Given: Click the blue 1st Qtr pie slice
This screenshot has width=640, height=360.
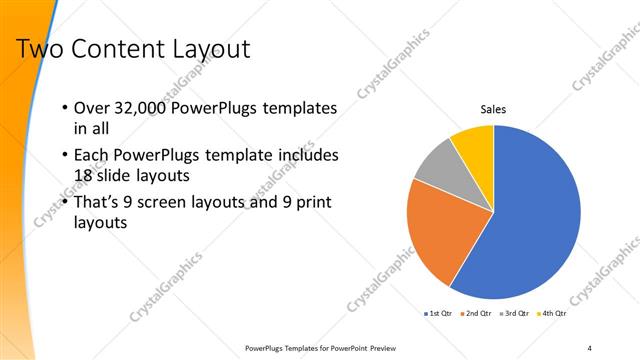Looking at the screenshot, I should pos(530,215).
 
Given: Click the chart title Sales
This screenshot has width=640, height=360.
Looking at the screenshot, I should pos(493,109).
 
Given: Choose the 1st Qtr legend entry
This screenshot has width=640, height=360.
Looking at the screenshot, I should pos(438,314).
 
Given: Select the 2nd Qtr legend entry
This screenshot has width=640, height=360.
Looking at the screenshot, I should pos(476,314).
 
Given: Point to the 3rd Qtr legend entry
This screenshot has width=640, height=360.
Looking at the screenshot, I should pos(513,314).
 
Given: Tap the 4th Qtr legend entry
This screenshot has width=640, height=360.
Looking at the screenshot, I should pos(551,314).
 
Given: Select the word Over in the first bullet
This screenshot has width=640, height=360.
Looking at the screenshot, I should pos(93,108).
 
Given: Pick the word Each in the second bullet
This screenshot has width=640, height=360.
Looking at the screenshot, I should pos(93,155).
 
